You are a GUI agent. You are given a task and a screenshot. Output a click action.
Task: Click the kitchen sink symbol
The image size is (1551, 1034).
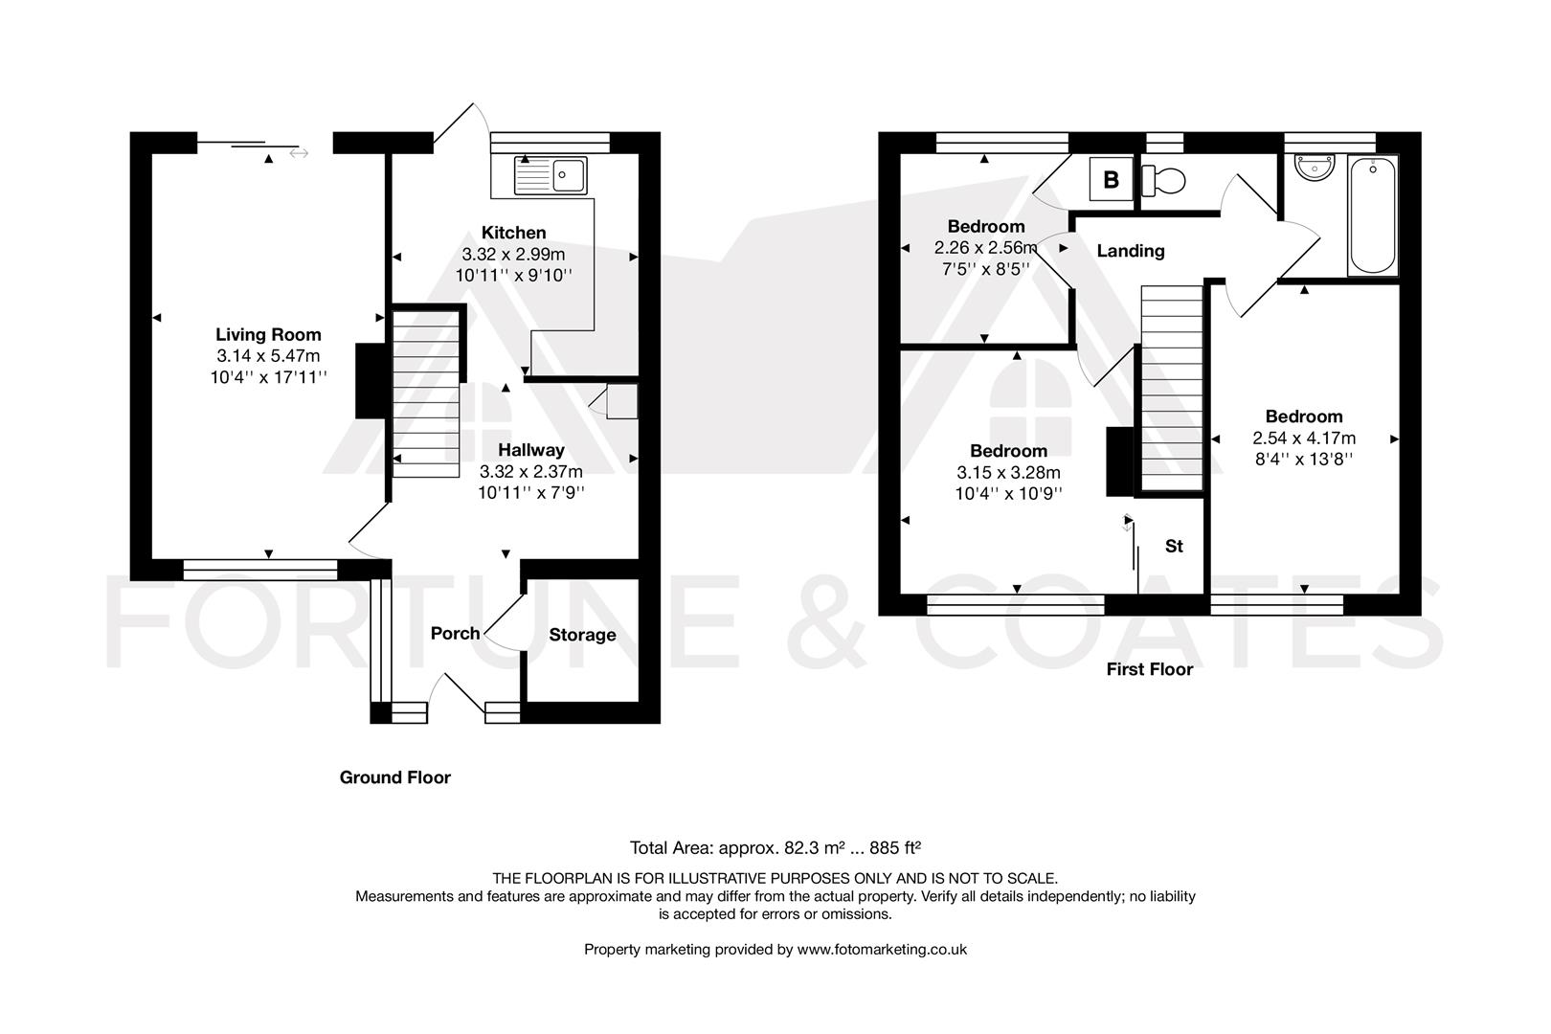551,175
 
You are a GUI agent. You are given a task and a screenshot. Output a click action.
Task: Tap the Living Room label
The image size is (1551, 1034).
268,335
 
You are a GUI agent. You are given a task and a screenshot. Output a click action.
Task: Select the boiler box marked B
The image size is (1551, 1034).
1111,179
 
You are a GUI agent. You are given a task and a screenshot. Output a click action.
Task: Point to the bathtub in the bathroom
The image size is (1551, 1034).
1372,217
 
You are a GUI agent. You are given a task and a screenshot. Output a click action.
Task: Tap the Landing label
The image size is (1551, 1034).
1130,251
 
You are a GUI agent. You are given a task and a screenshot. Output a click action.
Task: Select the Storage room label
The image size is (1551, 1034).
582,635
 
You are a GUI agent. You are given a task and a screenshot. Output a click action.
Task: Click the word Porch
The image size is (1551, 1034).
455,633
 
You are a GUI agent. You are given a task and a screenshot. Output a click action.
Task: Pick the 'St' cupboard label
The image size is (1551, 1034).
1174,546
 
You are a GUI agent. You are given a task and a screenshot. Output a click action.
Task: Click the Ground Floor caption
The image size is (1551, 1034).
394,777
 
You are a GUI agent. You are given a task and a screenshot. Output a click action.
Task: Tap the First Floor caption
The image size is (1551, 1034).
1149,669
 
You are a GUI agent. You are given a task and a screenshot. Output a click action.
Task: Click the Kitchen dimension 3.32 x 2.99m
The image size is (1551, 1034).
513,255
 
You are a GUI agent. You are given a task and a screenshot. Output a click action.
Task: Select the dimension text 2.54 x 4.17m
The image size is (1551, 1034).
1304,438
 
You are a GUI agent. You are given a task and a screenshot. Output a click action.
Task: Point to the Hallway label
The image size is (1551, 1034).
531,450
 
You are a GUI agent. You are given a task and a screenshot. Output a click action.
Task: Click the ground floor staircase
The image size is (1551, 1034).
427,393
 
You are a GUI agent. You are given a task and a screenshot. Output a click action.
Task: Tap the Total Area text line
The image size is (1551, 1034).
775,847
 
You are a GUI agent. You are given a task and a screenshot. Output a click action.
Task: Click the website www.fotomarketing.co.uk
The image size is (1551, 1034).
882,950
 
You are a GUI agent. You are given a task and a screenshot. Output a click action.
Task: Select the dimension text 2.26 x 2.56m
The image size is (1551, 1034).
986,248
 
